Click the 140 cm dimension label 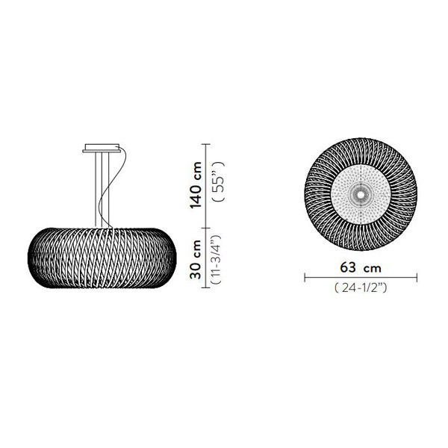click(196, 185)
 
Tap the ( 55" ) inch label click(220, 182)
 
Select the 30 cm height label click(196, 259)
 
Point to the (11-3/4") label click(216, 260)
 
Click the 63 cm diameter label click(361, 268)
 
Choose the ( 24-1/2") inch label click(361, 288)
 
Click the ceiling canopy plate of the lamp click(102, 148)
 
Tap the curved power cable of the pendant click(113, 187)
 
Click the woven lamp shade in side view click(102, 258)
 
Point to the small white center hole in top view click(361, 195)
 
